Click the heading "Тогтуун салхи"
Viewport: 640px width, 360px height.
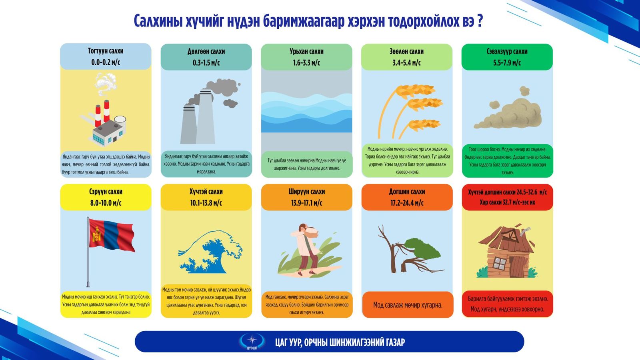click(x=106, y=51)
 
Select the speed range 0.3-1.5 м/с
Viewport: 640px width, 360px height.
click(x=206, y=62)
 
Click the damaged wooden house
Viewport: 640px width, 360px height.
click(x=506, y=252)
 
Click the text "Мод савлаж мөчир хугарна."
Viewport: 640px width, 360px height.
click(x=407, y=305)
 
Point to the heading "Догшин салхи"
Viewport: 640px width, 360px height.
click(x=407, y=192)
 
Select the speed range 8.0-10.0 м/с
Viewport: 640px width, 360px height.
click(x=106, y=203)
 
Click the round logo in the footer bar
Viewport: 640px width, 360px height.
click(x=252, y=341)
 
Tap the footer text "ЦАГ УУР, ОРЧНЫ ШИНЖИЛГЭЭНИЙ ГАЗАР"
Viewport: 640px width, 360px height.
click(x=340, y=342)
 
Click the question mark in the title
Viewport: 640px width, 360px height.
click(x=480, y=21)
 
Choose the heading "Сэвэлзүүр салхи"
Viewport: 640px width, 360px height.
click(x=507, y=52)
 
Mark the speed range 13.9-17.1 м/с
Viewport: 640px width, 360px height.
click(x=306, y=203)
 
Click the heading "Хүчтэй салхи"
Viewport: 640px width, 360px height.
click(x=206, y=192)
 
